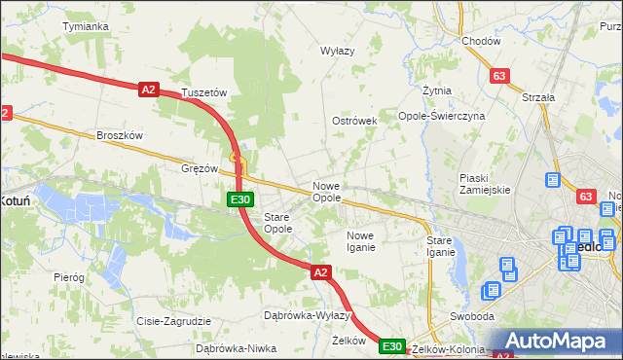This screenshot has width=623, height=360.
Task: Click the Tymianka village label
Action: point(85,26)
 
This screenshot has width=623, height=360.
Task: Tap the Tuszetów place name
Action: point(203,92)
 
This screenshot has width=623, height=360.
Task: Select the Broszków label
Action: point(120,135)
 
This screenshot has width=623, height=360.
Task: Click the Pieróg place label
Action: point(69,277)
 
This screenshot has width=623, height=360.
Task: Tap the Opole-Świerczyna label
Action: point(442,116)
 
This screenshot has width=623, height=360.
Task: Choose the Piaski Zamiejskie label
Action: point(485,184)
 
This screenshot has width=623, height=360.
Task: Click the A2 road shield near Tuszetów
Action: point(148,90)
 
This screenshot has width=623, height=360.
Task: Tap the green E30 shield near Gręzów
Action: point(241,199)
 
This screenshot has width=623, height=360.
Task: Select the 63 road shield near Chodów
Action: point(499,76)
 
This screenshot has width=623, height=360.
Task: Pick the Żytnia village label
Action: point(437,90)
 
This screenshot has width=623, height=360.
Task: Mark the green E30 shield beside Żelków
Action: point(391,346)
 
